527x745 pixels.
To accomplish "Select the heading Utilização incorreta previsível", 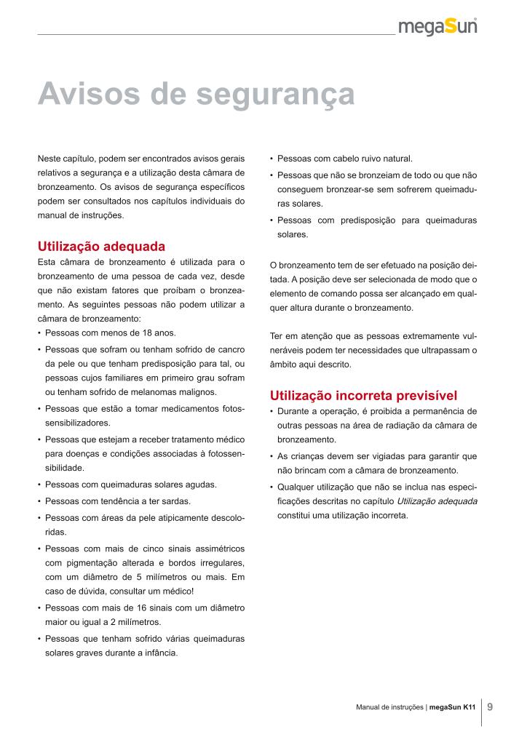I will pyautogui.click(x=363, y=396).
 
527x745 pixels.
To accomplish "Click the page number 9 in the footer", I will pyautogui.click(x=490, y=706).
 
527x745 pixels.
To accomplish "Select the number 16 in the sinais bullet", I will pyautogui.click(x=130, y=607).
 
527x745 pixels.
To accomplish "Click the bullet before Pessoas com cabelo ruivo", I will pyautogui.click(x=271, y=159).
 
